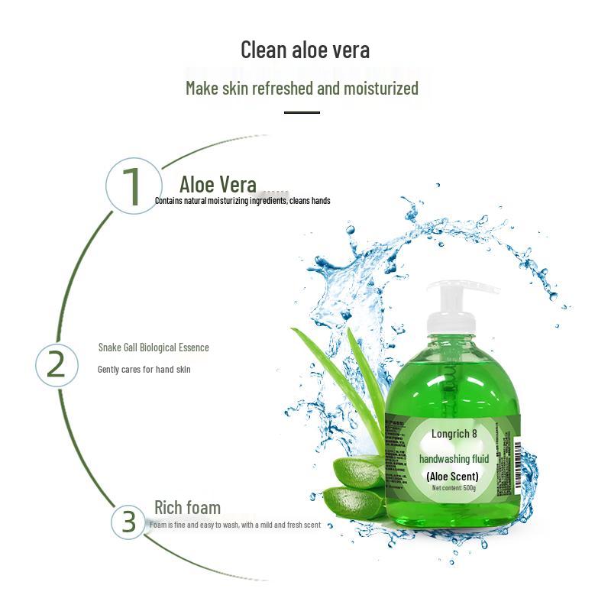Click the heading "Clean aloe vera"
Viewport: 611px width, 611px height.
305,50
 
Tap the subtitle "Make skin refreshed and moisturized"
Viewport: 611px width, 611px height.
302,88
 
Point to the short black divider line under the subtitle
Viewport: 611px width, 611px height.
302,112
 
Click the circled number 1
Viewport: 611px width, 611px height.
132,185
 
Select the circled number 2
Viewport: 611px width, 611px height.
57,365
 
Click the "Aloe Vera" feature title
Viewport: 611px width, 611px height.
218,184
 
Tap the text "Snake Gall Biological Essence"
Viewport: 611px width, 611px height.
153,348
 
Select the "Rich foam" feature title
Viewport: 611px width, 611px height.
187,508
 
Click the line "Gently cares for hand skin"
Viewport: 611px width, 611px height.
144,370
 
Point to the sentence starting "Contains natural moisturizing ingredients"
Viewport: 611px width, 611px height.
242,201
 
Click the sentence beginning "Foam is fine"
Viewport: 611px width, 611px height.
234,525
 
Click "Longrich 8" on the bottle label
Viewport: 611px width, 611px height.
454,434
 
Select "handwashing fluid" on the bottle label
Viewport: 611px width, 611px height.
454,459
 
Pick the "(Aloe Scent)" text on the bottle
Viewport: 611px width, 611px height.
453,477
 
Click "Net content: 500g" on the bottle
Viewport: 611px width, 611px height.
453,488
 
